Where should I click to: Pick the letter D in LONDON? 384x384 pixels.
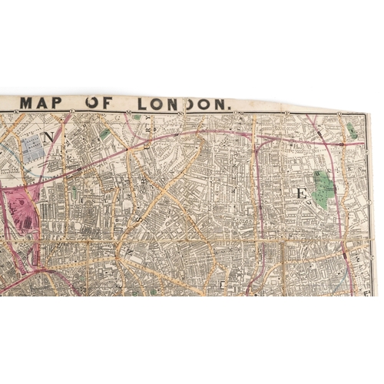[198, 104]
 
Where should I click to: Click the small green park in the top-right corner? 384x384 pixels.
[351, 130]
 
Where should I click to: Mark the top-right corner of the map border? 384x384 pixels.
[368, 114]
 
